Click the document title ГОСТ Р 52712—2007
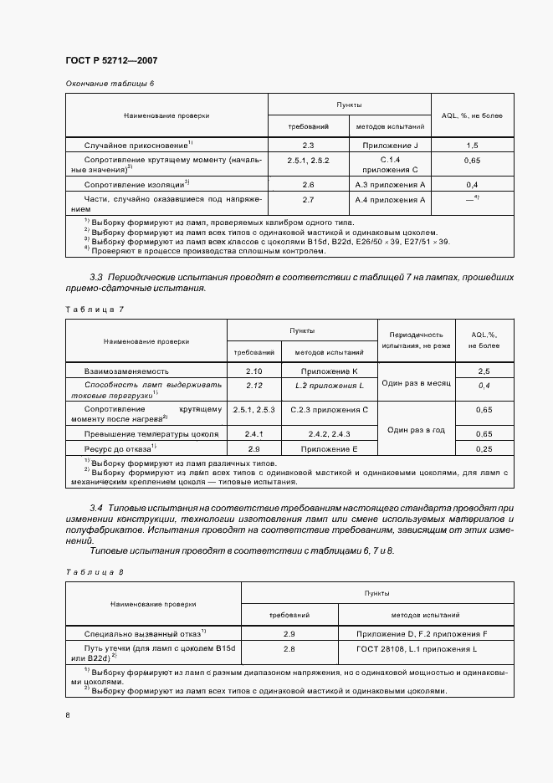[x=111, y=61]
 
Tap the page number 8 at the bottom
[x=68, y=715]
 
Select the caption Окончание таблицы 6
[x=110, y=84]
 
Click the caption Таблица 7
[x=94, y=309]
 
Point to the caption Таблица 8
[x=94, y=571]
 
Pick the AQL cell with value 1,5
[x=471, y=145]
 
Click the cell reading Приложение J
[x=391, y=145]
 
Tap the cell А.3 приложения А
[x=391, y=184]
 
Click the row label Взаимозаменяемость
[x=127, y=370]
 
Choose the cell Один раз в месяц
[x=416, y=382]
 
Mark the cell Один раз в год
[x=416, y=428]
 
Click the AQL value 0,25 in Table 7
[x=483, y=449]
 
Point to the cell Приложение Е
[x=330, y=449]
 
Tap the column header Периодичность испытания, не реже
[x=416, y=339]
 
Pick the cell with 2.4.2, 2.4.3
[x=330, y=434]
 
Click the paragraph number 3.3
[x=95, y=276]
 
